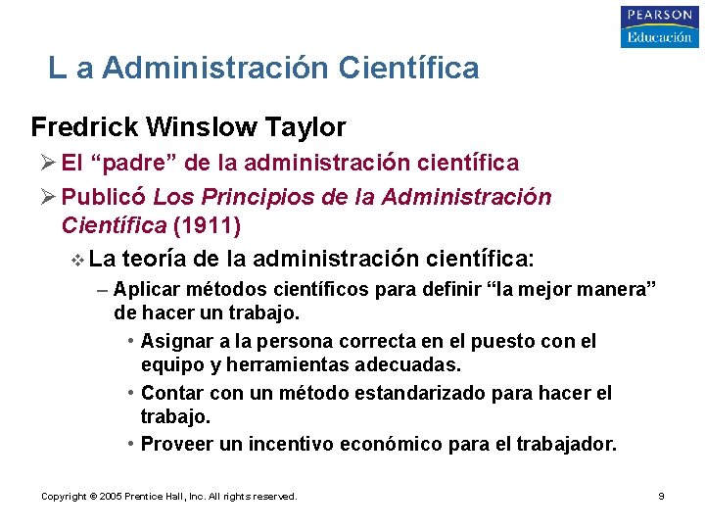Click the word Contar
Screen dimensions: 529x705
[x=170, y=394]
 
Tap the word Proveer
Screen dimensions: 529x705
[x=177, y=445]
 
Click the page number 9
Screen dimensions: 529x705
[x=661, y=497]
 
